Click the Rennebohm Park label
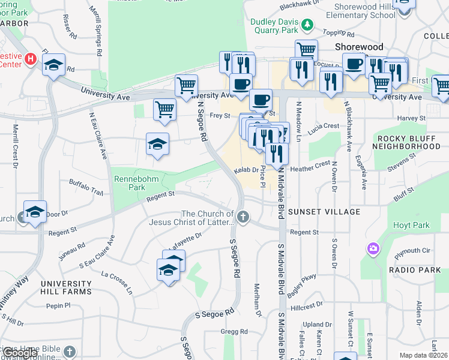coord(130,182)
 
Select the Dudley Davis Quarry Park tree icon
coord(307,24)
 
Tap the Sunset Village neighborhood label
coord(324,212)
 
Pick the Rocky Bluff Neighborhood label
coord(409,142)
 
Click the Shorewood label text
coord(359,46)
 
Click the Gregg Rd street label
coord(234,331)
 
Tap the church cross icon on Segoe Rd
coord(243,217)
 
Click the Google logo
coord(20,353)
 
